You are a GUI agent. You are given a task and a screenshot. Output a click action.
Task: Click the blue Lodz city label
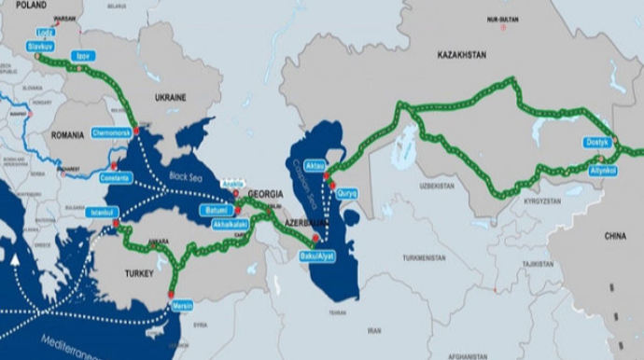click(46, 32)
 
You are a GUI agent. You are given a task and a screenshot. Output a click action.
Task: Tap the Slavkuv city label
click(40, 45)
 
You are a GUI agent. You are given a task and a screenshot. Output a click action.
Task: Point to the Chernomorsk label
click(113, 132)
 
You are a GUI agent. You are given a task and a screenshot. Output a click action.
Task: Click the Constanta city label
click(117, 177)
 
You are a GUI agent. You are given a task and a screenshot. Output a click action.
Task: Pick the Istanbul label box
click(100, 212)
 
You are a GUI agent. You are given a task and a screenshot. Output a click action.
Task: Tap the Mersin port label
click(181, 305)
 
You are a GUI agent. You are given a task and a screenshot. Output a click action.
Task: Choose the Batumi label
click(216, 211)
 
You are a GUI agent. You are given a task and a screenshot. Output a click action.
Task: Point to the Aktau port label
click(315, 165)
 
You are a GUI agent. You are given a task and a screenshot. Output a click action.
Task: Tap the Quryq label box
click(346, 193)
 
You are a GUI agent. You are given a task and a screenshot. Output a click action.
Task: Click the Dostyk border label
click(597, 143)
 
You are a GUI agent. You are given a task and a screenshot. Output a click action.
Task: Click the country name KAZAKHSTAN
click(461, 55)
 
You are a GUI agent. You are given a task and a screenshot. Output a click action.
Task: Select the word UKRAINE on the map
click(170, 97)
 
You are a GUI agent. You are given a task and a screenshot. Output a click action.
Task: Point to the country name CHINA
click(614, 237)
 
